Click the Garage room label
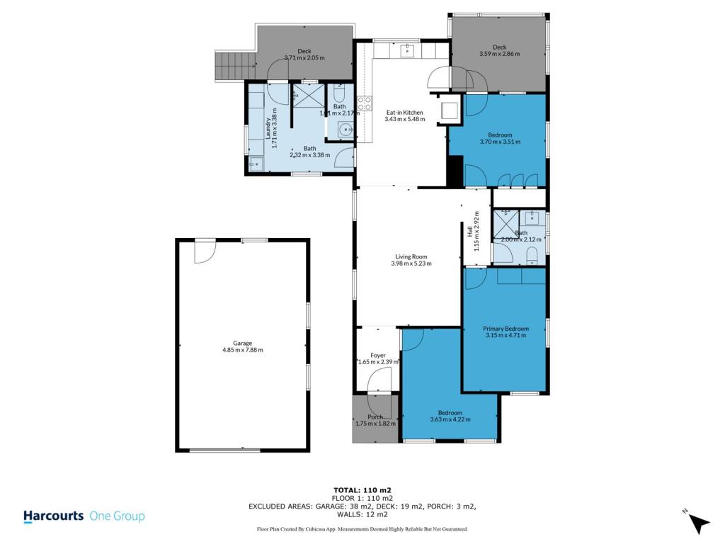[x=242, y=343]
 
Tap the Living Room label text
[x=411, y=256]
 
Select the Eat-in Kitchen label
[x=404, y=112]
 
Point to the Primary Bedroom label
[x=506, y=329]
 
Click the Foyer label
[x=378, y=356]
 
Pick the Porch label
[x=375, y=416]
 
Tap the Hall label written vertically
[x=470, y=231]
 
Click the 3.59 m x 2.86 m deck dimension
[x=499, y=54]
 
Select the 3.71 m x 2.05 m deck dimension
[x=304, y=58]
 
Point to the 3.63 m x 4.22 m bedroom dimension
[x=450, y=419]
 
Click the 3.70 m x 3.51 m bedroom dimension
[x=500, y=142]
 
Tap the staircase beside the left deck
[x=235, y=65]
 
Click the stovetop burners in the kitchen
[x=365, y=103]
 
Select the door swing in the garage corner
[x=205, y=252]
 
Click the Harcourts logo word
[x=54, y=516]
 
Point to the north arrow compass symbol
[x=699, y=522]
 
